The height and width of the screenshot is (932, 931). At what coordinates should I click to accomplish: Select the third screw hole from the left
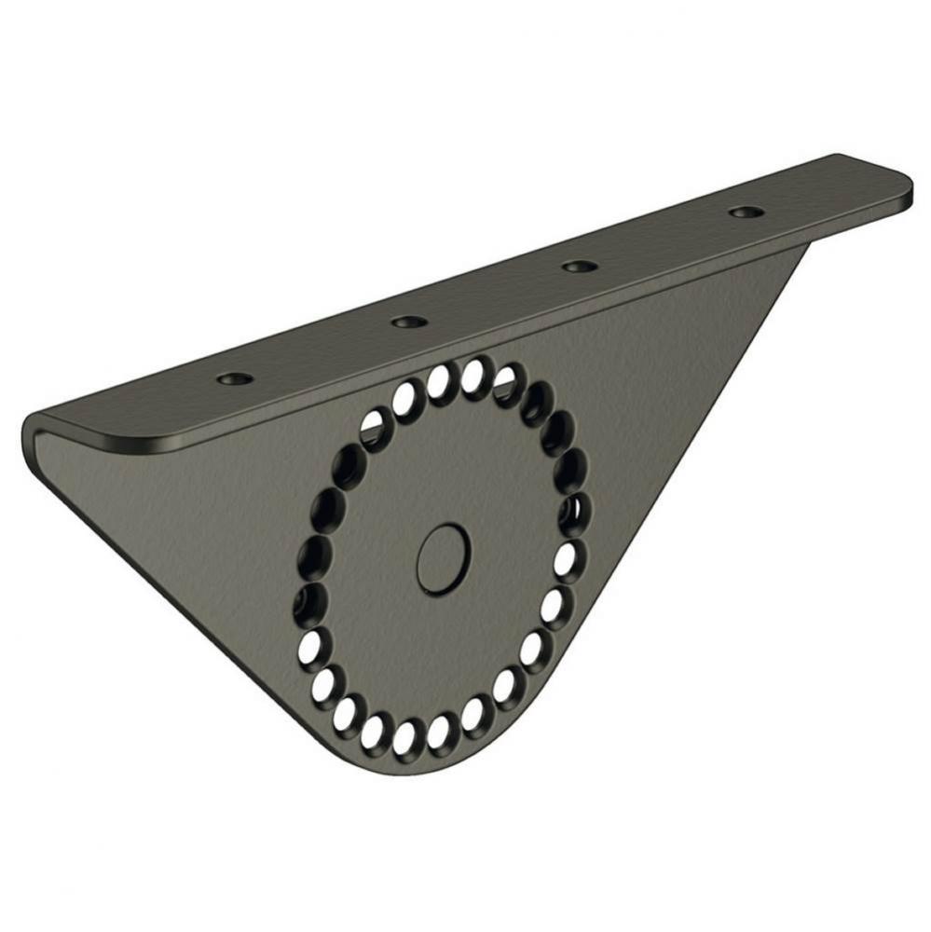[580, 266]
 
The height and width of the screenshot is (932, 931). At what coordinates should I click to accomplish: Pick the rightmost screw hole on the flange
[743, 212]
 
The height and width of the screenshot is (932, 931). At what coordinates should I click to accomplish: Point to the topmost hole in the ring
[472, 374]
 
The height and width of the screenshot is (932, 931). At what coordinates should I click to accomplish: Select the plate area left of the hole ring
[205, 522]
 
